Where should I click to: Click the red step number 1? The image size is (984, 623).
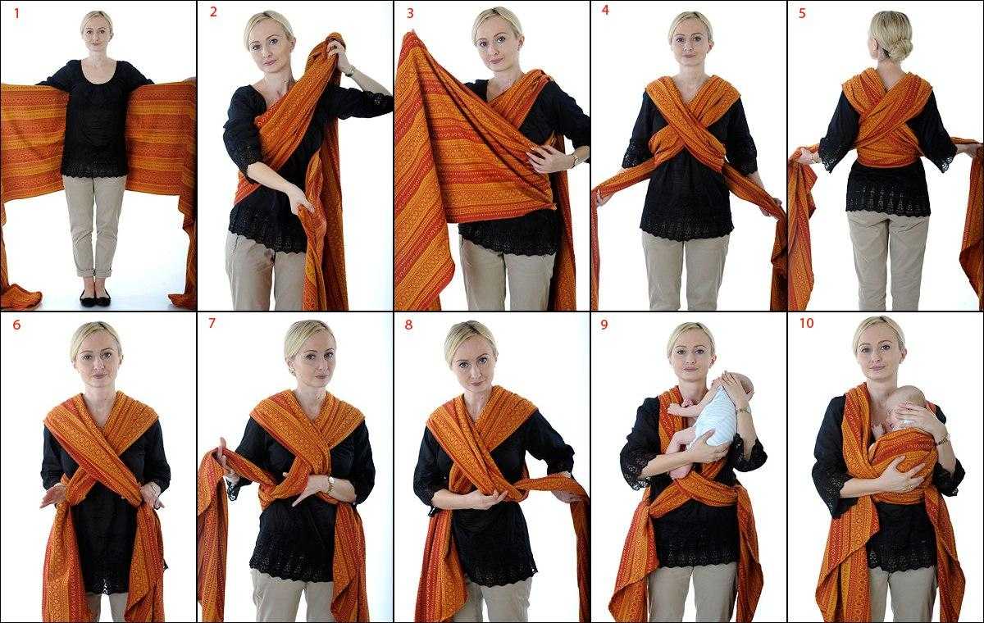tap(17, 13)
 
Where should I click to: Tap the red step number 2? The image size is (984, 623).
tap(213, 11)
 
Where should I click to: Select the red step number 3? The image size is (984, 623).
tap(410, 13)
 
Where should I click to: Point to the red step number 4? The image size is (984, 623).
tap(605, 10)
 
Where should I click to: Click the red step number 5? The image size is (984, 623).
tap(802, 13)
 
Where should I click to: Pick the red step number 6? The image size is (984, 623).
tap(16, 325)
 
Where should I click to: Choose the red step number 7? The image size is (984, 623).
tap(212, 323)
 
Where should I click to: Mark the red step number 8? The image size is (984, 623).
tap(408, 325)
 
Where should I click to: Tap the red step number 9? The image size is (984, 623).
tap(604, 325)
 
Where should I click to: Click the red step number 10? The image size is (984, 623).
tap(807, 323)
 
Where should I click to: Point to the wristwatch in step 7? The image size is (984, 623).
tap(330, 484)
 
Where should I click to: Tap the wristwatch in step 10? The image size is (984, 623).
tap(943, 439)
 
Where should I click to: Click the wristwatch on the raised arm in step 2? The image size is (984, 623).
tap(350, 70)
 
